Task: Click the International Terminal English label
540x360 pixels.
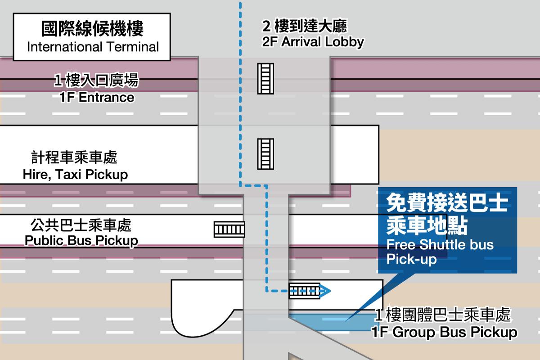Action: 93,47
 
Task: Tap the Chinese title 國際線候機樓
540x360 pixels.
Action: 92,29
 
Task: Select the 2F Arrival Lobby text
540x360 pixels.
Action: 313,42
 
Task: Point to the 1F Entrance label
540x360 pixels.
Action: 97,97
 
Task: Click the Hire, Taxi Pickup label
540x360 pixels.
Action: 75,175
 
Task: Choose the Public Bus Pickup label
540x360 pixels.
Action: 81,241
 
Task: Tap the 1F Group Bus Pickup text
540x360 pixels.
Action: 444,332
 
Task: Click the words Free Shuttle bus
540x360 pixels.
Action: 440,244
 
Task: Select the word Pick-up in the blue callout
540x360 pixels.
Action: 411,259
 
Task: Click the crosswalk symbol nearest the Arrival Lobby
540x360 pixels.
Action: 265,79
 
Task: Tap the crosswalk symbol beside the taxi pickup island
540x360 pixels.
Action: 265,154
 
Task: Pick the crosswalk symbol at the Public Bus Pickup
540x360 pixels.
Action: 229,229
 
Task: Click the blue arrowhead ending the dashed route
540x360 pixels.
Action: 325,291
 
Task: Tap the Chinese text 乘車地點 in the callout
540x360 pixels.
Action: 427,226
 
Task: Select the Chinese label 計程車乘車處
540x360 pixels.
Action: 74,157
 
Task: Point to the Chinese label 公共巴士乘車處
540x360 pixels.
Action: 81,225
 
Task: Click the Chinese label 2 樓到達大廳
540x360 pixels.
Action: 305,26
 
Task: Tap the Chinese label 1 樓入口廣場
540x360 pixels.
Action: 96,80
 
